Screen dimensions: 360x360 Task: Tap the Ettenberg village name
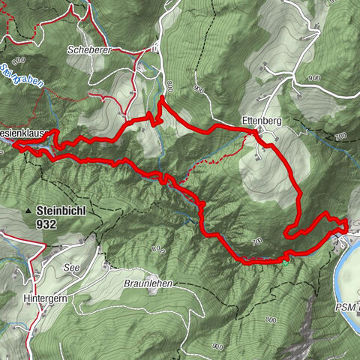click(x=261, y=119)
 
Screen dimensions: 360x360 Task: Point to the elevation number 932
click(x=46, y=223)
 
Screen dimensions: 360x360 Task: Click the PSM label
click(x=347, y=307)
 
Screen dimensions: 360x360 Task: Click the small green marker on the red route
click(x=286, y=260)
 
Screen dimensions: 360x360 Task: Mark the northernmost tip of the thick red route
click(x=162, y=97)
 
